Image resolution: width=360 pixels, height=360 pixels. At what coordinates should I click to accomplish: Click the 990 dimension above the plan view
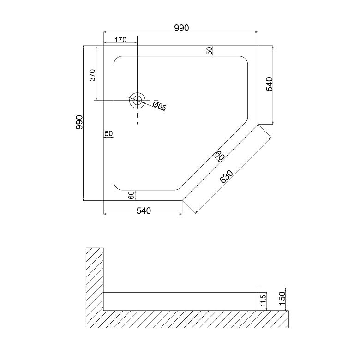pos(181,28)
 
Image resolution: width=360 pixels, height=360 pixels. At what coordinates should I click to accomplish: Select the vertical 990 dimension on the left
pos(79,122)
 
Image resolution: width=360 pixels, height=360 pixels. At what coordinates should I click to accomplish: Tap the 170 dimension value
pos(120,40)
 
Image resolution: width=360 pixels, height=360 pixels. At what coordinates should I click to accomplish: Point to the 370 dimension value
pos(92,75)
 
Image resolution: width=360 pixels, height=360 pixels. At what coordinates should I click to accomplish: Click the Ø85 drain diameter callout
pos(159,106)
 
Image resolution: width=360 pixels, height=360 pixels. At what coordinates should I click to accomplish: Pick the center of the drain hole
pos(137,100)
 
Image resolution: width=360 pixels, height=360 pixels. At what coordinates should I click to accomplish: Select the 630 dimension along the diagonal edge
pos(226,176)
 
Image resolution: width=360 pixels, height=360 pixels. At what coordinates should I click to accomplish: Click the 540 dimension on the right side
pos(269,84)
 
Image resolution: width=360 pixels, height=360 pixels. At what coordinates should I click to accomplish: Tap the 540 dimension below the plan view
pos(144,210)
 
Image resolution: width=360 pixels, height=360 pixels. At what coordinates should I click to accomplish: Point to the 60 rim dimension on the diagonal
pos(220,156)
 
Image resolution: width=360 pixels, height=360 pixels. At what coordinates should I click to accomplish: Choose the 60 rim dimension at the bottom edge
pos(131,195)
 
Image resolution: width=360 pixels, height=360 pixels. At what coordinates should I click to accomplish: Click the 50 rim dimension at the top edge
pos(210,50)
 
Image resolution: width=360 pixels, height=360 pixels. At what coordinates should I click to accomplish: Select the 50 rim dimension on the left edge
pos(109,133)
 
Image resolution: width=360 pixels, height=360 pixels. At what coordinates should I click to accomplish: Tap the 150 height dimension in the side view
pos(282,298)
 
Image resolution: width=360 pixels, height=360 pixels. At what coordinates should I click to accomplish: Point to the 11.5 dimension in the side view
pos(263,300)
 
